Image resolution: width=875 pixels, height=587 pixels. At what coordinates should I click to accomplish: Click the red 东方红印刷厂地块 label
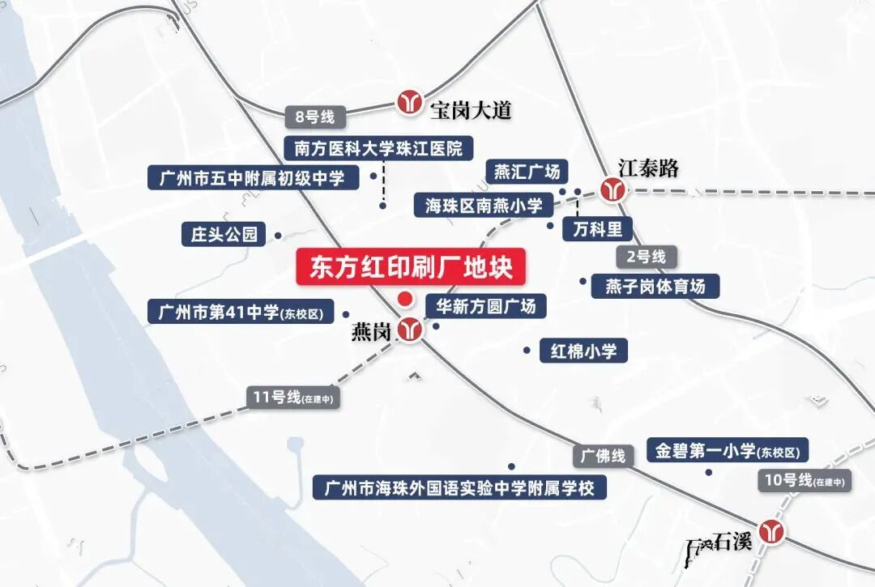click(412, 267)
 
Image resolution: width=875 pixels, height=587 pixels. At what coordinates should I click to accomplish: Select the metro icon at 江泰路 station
click(612, 189)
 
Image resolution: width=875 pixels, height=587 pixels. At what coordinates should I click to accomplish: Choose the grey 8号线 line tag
click(315, 117)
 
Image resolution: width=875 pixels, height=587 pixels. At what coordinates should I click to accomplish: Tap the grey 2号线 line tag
click(646, 257)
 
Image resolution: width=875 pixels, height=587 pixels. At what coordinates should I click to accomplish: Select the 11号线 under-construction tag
click(292, 398)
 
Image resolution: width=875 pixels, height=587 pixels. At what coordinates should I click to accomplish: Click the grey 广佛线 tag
click(604, 456)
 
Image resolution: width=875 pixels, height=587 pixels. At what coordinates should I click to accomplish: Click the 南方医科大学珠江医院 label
click(378, 148)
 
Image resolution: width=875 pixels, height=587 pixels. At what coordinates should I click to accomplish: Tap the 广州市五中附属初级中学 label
click(253, 177)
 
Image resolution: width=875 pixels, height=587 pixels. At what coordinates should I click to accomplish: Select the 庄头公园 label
click(224, 235)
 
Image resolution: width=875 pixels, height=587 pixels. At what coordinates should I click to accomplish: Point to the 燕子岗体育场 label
click(655, 287)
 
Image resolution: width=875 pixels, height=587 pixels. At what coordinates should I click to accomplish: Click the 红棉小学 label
click(583, 351)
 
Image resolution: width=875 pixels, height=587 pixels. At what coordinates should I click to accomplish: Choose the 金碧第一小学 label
click(728, 451)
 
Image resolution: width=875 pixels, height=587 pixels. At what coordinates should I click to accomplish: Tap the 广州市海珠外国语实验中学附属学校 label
click(459, 488)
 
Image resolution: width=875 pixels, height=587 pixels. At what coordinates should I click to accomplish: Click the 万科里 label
click(597, 228)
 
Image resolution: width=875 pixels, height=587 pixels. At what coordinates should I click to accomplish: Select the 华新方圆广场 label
click(486, 306)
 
